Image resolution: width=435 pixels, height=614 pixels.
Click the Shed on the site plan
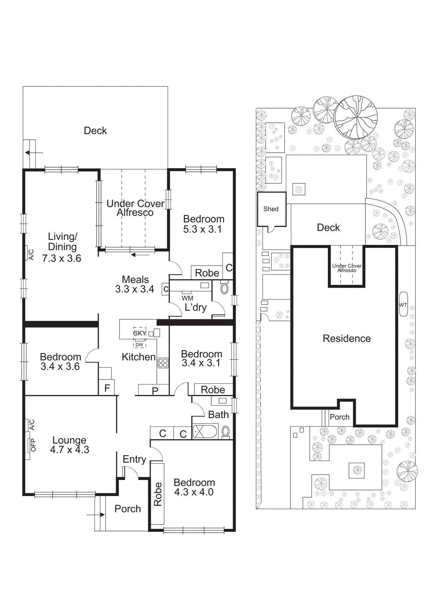[x=271, y=209]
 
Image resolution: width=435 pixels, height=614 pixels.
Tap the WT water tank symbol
[x=403, y=305]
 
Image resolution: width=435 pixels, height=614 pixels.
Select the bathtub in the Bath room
[x=205, y=432]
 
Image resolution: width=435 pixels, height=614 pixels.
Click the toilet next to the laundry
[x=224, y=288]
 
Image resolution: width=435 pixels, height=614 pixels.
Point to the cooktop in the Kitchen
[x=163, y=363]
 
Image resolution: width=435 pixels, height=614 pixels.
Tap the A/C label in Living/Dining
[x=32, y=254]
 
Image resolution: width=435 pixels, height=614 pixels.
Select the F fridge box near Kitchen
[x=107, y=388]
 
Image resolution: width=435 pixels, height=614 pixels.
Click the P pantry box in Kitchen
[x=155, y=391]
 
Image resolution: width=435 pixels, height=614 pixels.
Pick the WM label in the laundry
[x=187, y=298]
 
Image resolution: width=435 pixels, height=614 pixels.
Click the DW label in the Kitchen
[x=139, y=345]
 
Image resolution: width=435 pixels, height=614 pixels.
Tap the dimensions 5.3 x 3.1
[x=202, y=229]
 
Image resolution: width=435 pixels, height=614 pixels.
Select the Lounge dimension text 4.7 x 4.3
[x=70, y=450]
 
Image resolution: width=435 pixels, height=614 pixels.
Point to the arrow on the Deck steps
[x=33, y=153]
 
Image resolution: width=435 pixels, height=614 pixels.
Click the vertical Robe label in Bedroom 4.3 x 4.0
[x=158, y=494]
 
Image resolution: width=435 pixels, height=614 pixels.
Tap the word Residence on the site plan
[x=347, y=338]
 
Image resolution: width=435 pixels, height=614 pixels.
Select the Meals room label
[x=135, y=279]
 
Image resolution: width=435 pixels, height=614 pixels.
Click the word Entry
[x=134, y=459]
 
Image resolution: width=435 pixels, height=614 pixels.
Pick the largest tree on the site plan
[x=355, y=117]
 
